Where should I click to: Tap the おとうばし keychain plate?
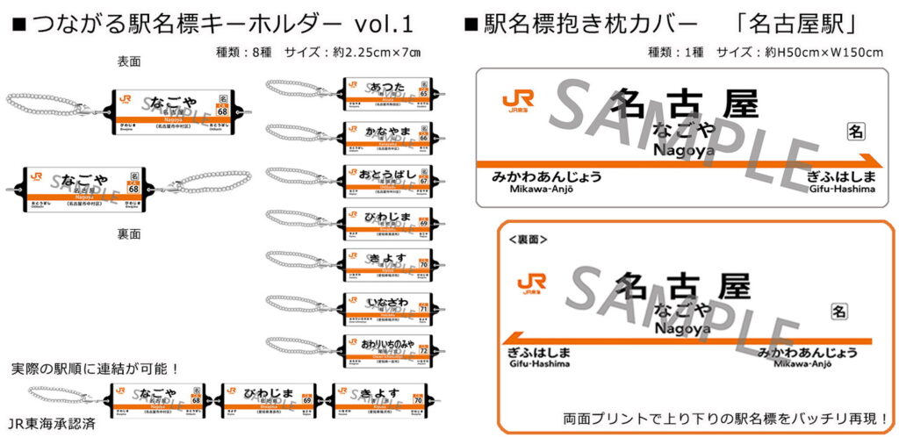click(x=386, y=179)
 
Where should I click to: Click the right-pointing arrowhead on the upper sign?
click(x=873, y=161)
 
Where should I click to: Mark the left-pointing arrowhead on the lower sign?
click(x=514, y=340)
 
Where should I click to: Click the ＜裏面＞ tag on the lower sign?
click(x=528, y=238)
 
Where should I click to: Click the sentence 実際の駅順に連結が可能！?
click(x=96, y=367)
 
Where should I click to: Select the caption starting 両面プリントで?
click(x=725, y=418)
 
